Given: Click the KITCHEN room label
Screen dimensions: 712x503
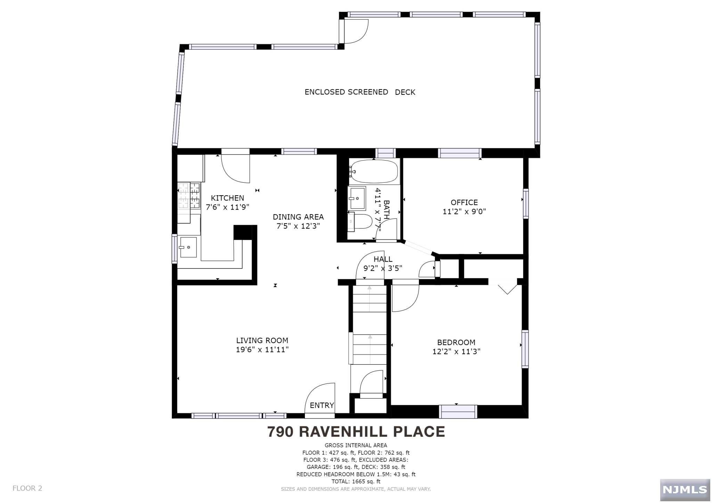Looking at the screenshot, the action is tap(227, 198).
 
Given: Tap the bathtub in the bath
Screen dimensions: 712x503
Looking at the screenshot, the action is tap(374, 171).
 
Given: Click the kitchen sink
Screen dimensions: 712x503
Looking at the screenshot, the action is tap(188, 247).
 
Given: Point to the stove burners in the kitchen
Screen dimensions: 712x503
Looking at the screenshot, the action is tap(189, 196).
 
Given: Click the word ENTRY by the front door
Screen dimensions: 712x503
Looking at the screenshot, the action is tap(322, 405).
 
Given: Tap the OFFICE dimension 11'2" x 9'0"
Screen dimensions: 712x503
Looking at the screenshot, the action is tap(464, 211).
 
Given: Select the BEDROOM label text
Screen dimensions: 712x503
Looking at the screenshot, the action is tap(456, 343).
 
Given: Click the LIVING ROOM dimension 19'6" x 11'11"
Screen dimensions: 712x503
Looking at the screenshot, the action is tap(262, 349).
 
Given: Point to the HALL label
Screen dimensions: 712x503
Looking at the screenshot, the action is tap(383, 259).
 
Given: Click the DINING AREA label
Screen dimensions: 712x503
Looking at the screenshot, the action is tap(298, 217).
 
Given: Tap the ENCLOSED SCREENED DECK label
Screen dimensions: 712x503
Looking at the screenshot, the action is tap(360, 92).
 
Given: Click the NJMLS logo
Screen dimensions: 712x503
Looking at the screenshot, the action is tap(685, 489).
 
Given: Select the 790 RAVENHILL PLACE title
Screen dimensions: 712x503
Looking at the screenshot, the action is tap(356, 431).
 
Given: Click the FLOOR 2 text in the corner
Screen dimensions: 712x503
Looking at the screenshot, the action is tap(27, 488).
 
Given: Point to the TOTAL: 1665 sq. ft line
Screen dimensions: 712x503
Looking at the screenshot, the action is tap(356, 481).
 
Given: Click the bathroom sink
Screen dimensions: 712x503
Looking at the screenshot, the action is tap(357, 198).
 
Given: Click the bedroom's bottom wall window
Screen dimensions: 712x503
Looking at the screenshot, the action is tap(458, 412).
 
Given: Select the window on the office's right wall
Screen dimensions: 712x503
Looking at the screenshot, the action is tap(526, 204).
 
